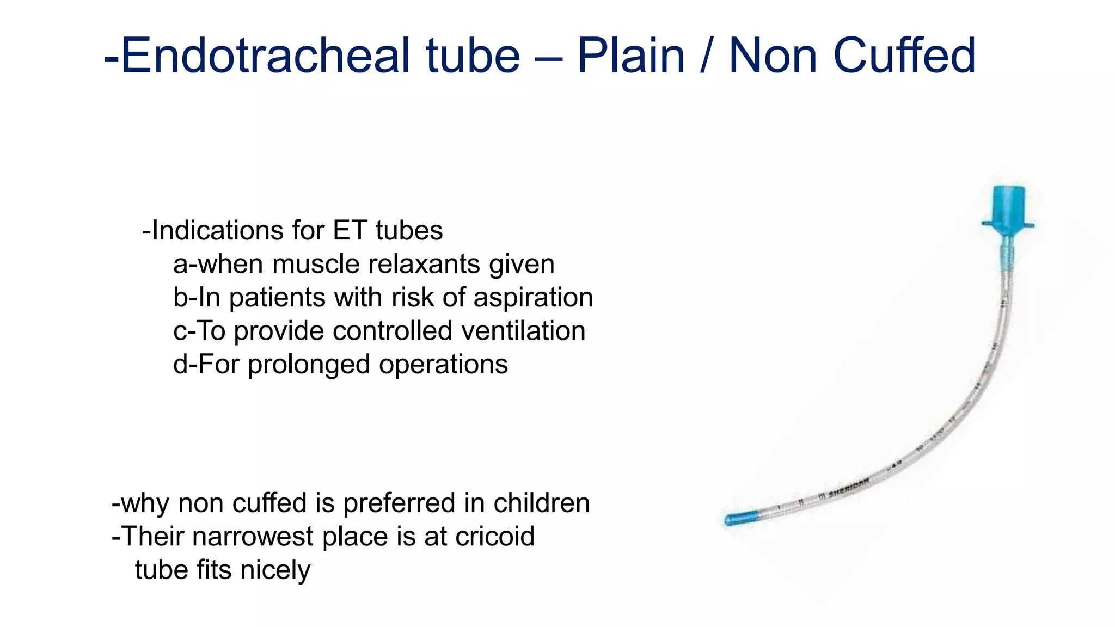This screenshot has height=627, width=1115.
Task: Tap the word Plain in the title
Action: point(630,56)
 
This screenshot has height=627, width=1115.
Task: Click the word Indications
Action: point(216,230)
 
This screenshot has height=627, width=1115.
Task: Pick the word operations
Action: point(443,364)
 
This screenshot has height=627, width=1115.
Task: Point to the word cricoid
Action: point(494,536)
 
